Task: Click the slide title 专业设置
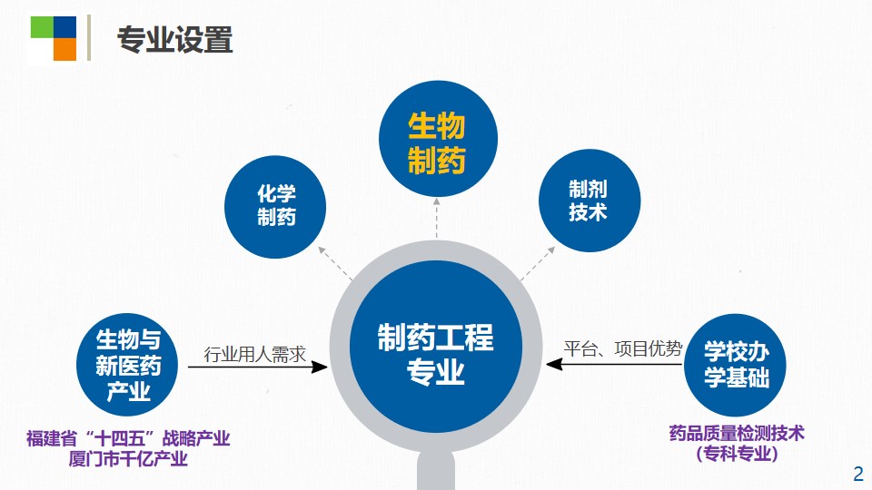(174, 40)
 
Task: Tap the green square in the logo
(42, 27)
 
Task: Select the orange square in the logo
(64, 49)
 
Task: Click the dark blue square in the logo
(64, 27)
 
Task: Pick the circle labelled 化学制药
(275, 207)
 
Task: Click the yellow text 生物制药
(437, 142)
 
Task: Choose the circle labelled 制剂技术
(590, 201)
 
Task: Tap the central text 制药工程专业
(435, 354)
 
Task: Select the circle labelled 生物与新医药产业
(127, 365)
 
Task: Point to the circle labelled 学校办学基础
(735, 365)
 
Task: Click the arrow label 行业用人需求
(254, 354)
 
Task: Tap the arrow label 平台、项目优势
(623, 348)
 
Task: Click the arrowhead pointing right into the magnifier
(319, 367)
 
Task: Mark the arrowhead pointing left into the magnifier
(554, 365)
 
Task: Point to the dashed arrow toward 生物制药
(437, 219)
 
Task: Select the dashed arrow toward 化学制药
(335, 263)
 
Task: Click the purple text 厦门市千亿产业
(128, 459)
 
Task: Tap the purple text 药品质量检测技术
(737, 433)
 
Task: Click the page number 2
(858, 474)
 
